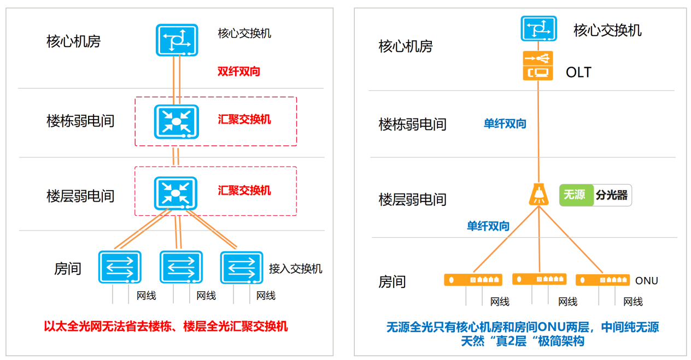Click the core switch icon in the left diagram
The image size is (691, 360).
pos(176,39)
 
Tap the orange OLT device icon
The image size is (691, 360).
pos(538,66)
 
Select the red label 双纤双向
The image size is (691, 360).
pos(238,71)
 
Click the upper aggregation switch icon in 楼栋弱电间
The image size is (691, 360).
pos(175,120)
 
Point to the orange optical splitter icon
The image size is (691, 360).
pos(538,194)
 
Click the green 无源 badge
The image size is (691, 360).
pos(575,195)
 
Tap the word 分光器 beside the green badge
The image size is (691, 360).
pos(612,195)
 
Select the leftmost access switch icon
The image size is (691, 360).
pos(120,267)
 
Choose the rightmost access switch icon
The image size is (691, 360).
pos(242,267)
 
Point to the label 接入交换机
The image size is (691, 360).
pos(295,269)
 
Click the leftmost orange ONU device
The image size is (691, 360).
pos(473,280)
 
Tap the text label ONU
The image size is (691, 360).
pos(646,281)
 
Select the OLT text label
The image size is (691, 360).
pos(578,72)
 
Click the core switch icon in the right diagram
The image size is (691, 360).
pos(538,28)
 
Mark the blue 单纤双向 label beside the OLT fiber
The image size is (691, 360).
pos(505,124)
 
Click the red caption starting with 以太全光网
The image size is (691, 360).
pos(166,327)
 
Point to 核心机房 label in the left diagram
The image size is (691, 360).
pos(74,41)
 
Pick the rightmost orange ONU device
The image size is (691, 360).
pos(602,280)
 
